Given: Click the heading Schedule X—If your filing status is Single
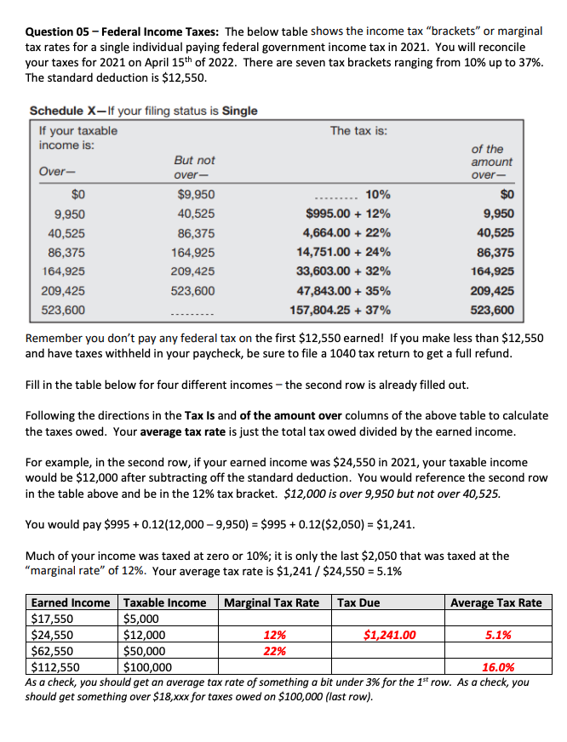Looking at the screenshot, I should coord(143,111).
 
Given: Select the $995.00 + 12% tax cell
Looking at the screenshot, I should coord(348,214).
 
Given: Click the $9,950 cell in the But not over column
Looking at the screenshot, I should coord(196,195).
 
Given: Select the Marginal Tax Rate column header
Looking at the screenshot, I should coord(272,602).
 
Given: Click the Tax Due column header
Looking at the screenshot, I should coord(358,602).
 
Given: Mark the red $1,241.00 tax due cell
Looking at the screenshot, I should coord(390,635).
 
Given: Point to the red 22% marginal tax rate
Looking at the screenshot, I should coord(274,651).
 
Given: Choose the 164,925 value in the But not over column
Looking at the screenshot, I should coord(194,252).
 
